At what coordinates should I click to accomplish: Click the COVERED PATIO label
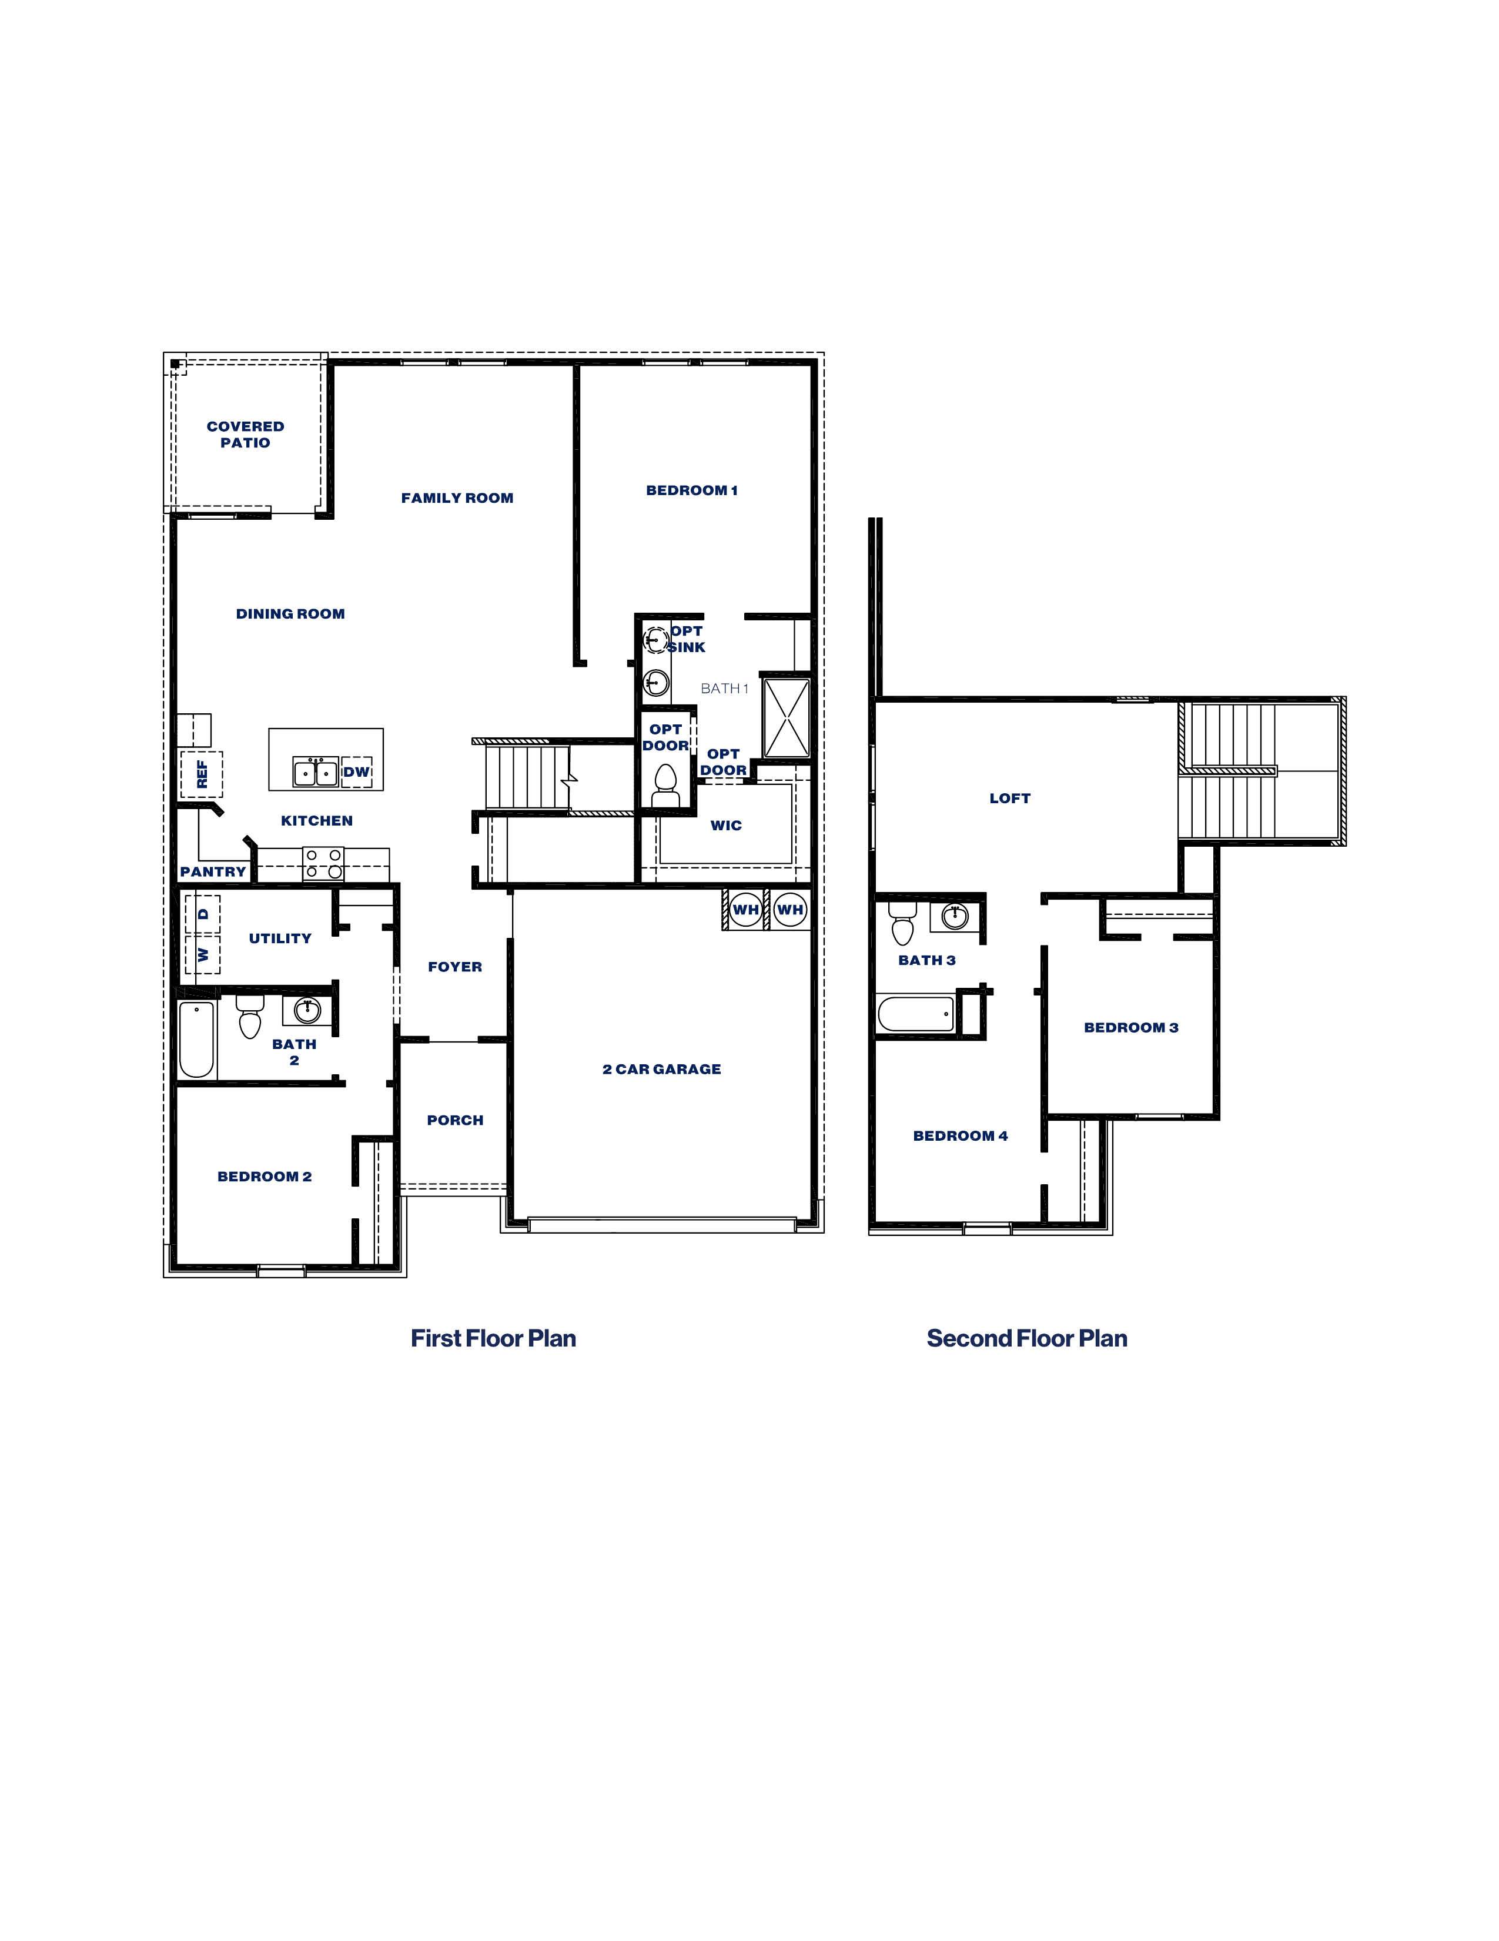pos(245,434)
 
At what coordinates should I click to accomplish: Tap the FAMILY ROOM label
pos(457,497)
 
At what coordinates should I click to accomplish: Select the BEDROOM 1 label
pos(691,490)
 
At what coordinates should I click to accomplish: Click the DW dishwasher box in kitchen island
pos(356,771)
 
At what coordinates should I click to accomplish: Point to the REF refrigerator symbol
pos(202,773)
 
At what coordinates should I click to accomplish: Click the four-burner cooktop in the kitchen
pos(323,863)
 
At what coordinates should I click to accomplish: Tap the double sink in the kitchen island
pos(316,772)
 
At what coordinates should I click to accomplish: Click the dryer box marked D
pos(203,914)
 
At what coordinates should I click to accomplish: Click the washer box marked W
pos(203,954)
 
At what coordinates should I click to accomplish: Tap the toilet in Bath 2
pos(250,1017)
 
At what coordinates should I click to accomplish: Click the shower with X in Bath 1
pos(787,717)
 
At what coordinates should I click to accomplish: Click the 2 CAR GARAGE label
pos(661,1068)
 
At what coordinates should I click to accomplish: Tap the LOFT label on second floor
pos(1009,797)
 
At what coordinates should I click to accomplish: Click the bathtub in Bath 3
pos(916,1013)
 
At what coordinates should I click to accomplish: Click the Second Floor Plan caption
pos(1026,1338)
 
